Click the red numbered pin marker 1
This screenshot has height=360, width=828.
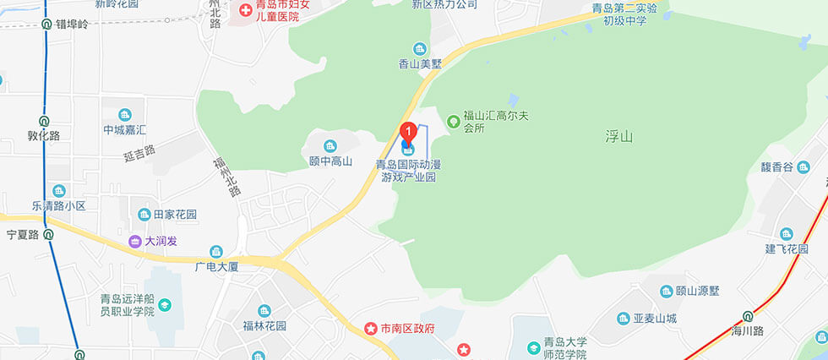coord(408,132)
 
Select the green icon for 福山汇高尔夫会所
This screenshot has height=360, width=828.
coord(454,121)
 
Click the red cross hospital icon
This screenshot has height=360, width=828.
coord(245,10)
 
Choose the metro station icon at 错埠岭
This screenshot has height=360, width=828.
coord(46,25)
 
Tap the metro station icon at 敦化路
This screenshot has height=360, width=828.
coord(44,120)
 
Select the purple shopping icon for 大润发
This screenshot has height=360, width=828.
coord(134,241)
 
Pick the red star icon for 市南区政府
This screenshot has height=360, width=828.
coord(370,327)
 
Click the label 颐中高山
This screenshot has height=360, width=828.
coord(330,161)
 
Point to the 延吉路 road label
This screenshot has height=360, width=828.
coord(139,153)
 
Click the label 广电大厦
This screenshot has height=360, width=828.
coord(217,267)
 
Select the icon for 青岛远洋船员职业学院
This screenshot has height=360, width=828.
coord(165,304)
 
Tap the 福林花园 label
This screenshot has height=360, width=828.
coord(264,326)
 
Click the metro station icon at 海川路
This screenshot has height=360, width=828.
coord(747,317)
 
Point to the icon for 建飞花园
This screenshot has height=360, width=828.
coord(787,233)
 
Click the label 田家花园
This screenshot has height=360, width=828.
coord(175,215)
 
